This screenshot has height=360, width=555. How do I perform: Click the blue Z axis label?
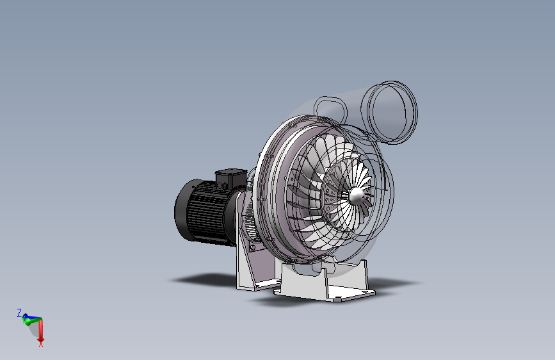coord(19,313)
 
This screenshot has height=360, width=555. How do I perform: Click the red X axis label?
coord(41,344)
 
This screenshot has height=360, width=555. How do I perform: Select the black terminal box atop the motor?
coord(231,179)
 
